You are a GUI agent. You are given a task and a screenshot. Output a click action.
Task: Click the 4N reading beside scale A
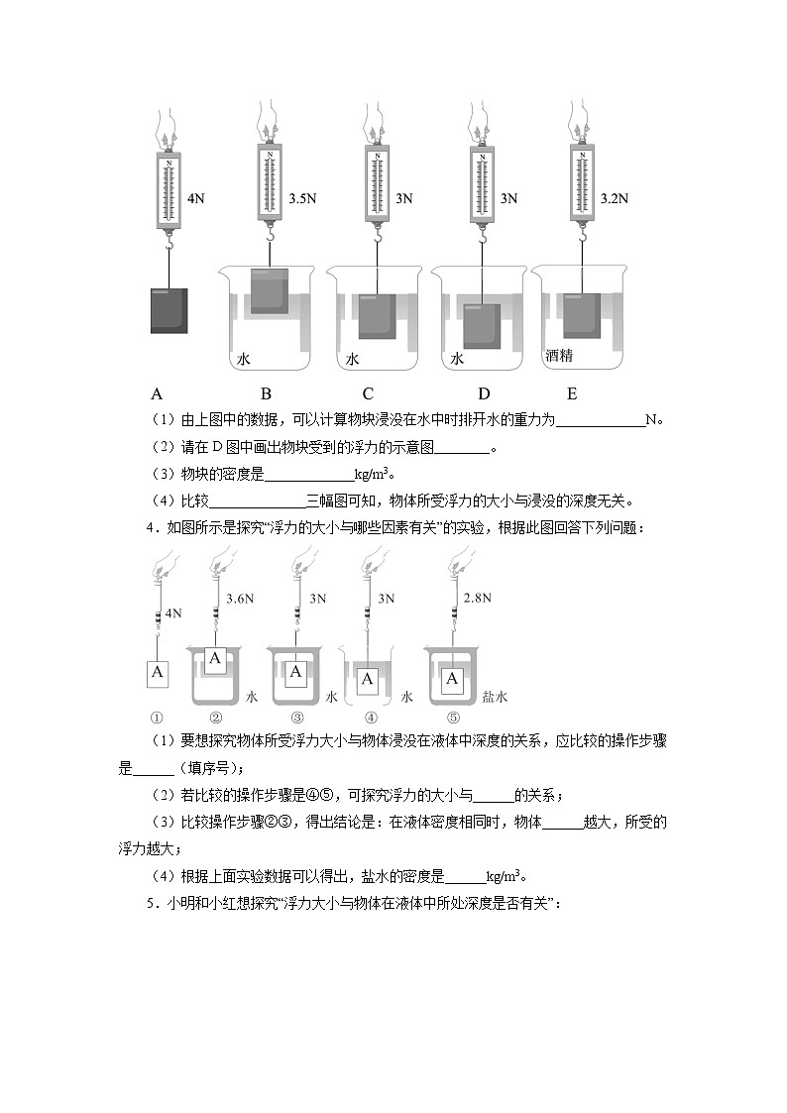point(195,198)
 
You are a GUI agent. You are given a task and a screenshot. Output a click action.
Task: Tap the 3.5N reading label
point(302,198)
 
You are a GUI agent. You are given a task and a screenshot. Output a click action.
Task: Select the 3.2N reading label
point(615,198)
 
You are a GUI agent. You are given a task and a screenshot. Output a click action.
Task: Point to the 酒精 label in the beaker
point(559,354)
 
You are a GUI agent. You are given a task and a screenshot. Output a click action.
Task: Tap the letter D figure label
point(484,391)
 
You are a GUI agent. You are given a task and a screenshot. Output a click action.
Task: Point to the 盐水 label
point(495,697)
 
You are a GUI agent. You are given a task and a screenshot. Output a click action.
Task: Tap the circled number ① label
point(157,719)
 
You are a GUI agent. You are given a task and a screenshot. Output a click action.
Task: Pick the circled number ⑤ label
point(453,719)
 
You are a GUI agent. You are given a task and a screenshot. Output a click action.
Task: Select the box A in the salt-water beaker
point(453,679)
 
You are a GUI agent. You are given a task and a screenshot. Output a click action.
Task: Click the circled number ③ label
point(295,719)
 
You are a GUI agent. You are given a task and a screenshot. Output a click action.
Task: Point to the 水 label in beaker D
point(457,360)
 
